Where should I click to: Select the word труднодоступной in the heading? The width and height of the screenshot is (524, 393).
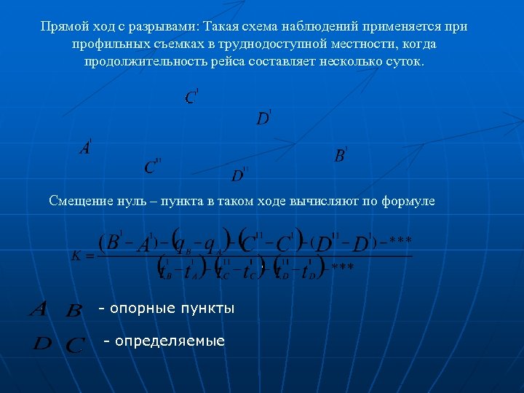[x=296, y=44]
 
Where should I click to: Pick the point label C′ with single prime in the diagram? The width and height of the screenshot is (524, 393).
[x=191, y=97]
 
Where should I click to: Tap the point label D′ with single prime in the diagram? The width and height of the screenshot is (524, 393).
[x=263, y=117]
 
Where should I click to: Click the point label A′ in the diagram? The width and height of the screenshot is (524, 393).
[x=85, y=147]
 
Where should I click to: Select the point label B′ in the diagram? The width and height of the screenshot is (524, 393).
[x=340, y=155]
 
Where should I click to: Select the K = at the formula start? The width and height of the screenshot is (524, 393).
[x=82, y=255]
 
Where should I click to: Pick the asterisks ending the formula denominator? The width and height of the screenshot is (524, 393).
[x=343, y=269]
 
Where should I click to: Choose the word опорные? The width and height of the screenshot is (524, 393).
[x=139, y=309]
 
